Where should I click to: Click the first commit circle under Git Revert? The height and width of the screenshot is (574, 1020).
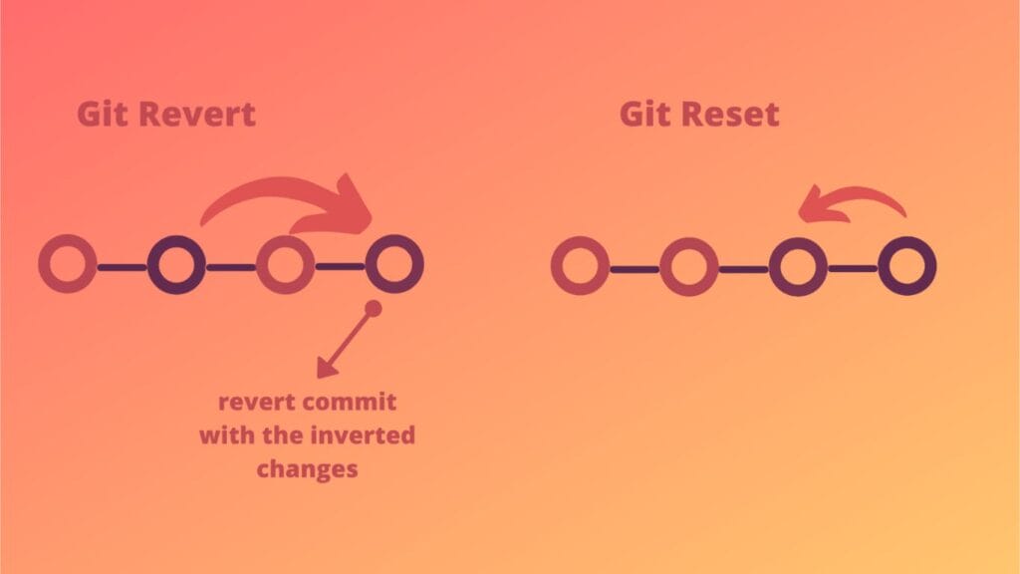pyautogui.click(x=67, y=265)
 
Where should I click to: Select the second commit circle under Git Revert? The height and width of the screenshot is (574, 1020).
pyautogui.click(x=176, y=265)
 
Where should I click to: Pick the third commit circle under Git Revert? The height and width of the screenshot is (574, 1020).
pyautogui.click(x=285, y=265)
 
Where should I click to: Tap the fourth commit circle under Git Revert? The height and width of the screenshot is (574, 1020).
pyautogui.click(x=394, y=265)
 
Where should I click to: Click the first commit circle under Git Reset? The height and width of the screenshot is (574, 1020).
pyautogui.click(x=580, y=267)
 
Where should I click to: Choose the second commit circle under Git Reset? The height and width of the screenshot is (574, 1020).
pyautogui.click(x=689, y=267)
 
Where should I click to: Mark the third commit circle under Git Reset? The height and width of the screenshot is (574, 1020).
pyautogui.click(x=798, y=267)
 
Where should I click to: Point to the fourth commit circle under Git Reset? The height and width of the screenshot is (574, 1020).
pyautogui.click(x=907, y=267)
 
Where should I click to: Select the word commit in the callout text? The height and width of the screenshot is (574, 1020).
pyautogui.click(x=352, y=403)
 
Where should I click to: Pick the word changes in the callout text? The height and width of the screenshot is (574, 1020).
pyautogui.click(x=307, y=468)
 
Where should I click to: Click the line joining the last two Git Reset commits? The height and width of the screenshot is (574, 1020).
pyautogui.click(x=853, y=268)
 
